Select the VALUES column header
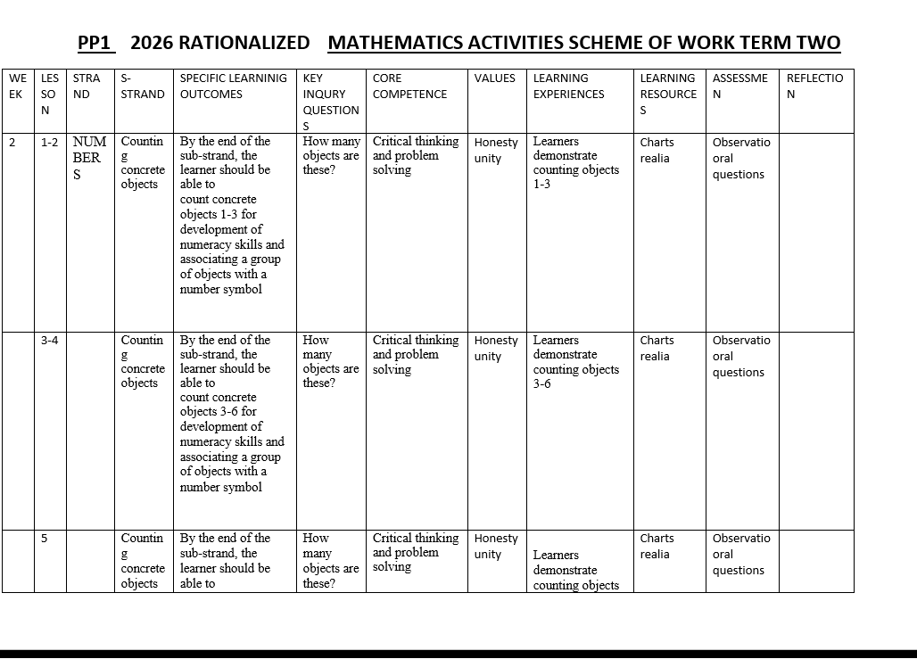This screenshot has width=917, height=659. [x=495, y=78]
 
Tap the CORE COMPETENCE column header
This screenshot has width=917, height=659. [x=409, y=86]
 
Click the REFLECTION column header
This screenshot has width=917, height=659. [x=814, y=86]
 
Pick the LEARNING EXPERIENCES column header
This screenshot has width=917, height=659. [x=568, y=86]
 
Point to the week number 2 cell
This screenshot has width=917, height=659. [x=12, y=142]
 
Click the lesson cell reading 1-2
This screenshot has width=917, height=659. [x=50, y=142]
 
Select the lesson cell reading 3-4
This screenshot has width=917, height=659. [x=50, y=340]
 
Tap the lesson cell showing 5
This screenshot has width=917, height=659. [x=44, y=538]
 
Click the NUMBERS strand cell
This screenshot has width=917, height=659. [x=89, y=158]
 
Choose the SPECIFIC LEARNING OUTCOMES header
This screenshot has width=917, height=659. [x=234, y=86]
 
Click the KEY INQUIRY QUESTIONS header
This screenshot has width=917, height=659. [x=330, y=102]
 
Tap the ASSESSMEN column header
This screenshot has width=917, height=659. [x=739, y=86]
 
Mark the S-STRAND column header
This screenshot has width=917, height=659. [x=142, y=86]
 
